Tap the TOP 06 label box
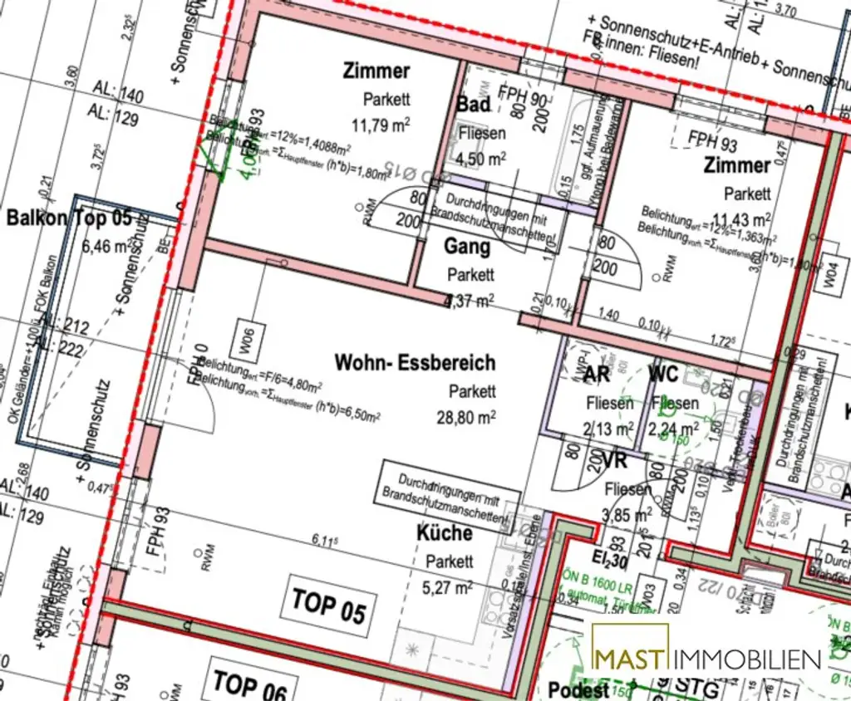(x=249, y=683)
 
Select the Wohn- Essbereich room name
(x=415, y=363)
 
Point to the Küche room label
(x=445, y=533)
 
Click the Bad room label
(x=474, y=105)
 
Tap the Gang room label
(x=467, y=247)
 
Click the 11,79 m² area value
(x=381, y=125)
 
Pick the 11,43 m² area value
(x=747, y=219)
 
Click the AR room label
(x=597, y=375)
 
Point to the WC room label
(x=664, y=375)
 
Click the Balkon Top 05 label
(x=69, y=218)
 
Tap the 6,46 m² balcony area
(x=106, y=246)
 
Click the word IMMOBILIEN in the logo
(x=746, y=659)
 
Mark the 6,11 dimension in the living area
(x=325, y=541)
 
